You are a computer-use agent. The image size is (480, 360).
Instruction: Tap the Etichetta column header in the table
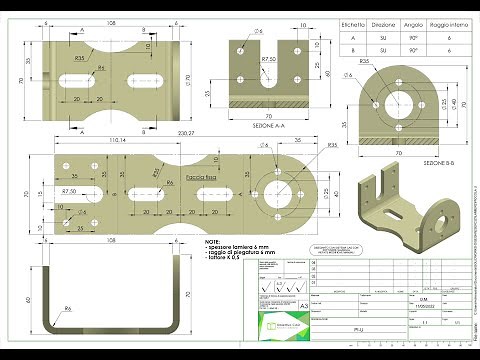click(x=349, y=19)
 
